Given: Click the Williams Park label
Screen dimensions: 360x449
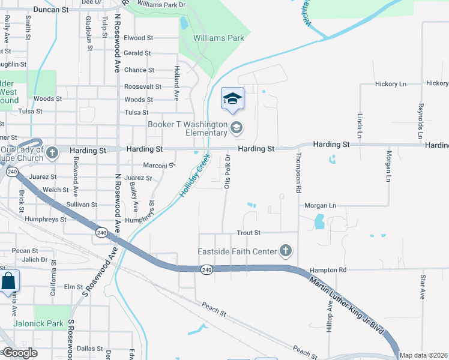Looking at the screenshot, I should coord(218,38).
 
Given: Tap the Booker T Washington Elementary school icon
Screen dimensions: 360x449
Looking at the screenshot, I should coord(237,127).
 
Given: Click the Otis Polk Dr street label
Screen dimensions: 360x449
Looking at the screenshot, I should coord(228,171).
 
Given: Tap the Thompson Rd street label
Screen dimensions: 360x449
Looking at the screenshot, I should coord(298,173).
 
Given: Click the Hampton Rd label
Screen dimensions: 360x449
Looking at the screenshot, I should coord(328,271).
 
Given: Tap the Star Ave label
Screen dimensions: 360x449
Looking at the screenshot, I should coord(423,287).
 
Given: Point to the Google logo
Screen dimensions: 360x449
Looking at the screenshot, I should coord(19,353).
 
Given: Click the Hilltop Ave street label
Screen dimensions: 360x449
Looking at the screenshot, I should coord(330,320).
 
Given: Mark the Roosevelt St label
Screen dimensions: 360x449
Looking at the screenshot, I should coord(142,86).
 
